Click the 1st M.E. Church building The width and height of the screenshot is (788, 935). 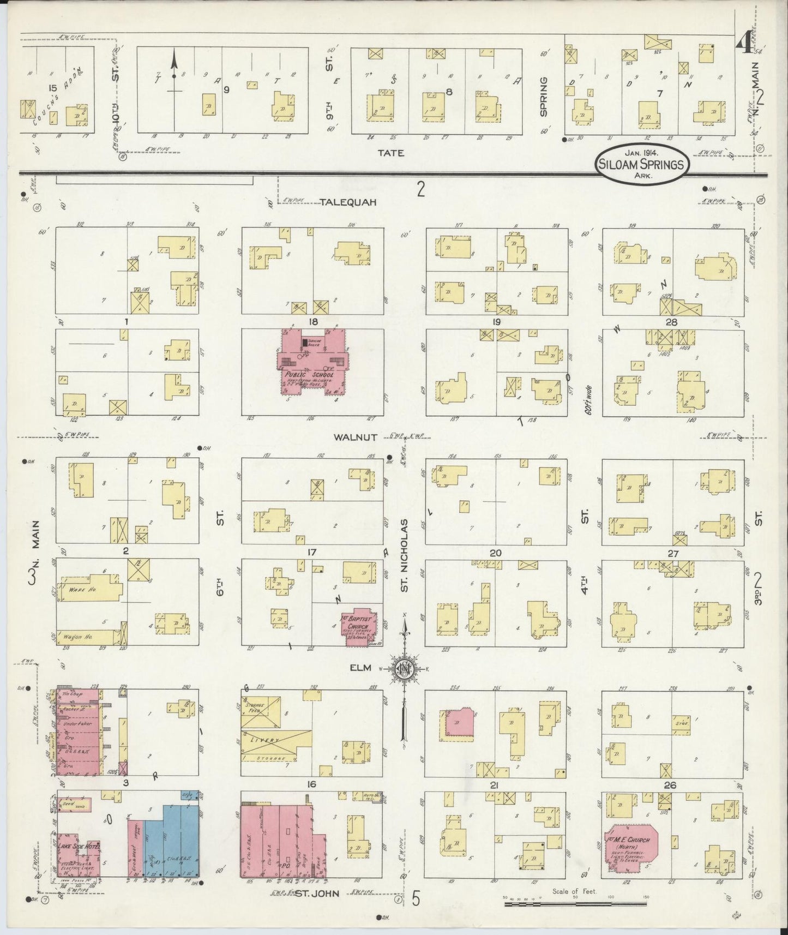click(631, 850)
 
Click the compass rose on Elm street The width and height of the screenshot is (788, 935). click(404, 670)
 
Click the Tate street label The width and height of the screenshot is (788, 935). click(392, 153)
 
